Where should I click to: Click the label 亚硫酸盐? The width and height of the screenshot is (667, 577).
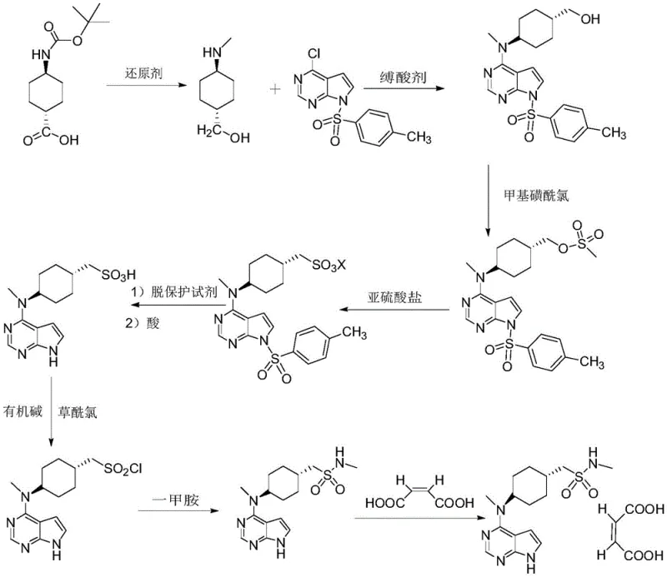coord(394,296)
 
